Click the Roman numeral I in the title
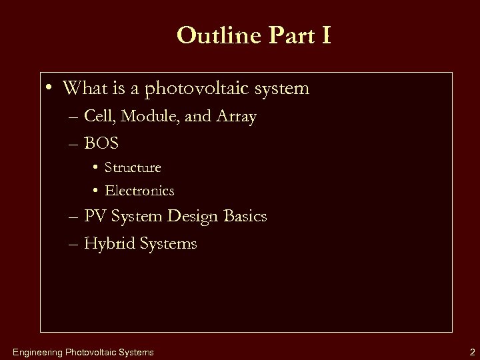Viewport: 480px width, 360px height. [324, 36]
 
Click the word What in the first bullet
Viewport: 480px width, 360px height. [83, 88]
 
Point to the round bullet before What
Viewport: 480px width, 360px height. [51, 88]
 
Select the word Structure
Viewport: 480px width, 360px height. [133, 167]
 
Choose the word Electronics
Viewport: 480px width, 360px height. [139, 191]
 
